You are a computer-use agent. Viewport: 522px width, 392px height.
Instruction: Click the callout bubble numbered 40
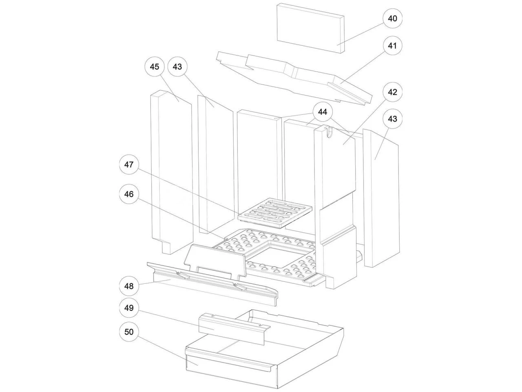(x=392, y=19)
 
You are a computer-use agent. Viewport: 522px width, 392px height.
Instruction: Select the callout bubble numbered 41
(x=392, y=46)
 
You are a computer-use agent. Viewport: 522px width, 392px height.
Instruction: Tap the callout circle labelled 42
(x=392, y=92)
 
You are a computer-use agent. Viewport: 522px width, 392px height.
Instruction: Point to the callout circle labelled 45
(x=155, y=67)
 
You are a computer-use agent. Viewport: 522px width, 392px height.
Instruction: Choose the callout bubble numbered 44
(x=323, y=112)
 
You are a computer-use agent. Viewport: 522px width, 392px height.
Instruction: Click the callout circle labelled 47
(x=129, y=165)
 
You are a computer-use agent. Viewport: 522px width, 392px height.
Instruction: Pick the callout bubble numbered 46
(x=129, y=194)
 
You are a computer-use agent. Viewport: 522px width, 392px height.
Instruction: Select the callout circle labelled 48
(x=129, y=286)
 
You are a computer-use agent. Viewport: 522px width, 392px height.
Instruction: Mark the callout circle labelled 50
(x=129, y=332)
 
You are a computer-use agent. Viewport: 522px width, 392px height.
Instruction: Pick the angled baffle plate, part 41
(x=294, y=78)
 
